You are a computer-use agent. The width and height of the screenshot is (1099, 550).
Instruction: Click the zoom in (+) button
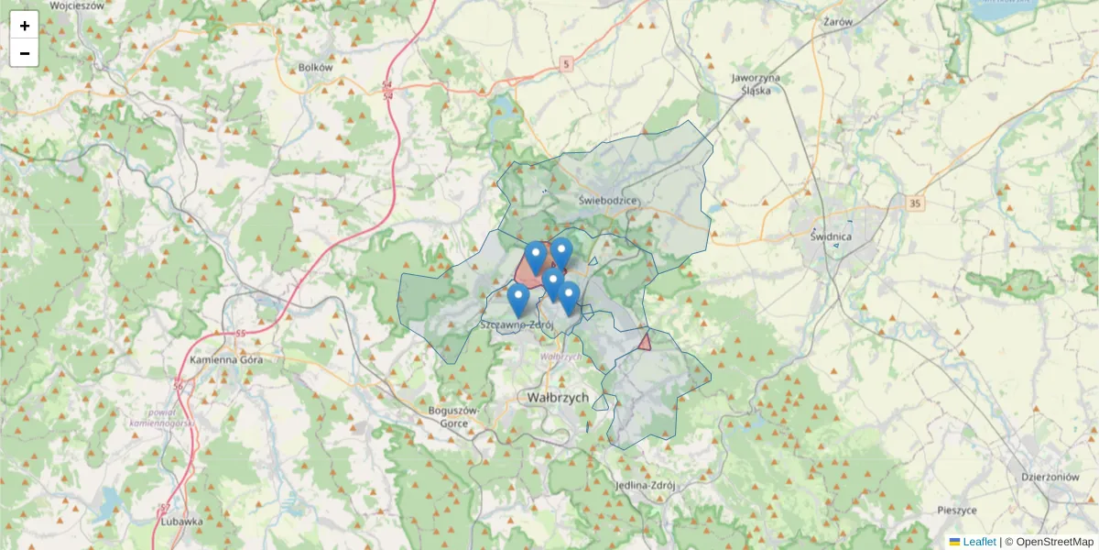25,26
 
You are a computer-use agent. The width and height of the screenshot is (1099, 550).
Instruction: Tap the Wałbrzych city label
557,398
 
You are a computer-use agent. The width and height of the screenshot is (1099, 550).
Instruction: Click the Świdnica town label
832,236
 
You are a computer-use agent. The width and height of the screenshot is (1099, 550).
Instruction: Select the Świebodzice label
608,200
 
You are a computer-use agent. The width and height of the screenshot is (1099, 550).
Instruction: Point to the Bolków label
315,67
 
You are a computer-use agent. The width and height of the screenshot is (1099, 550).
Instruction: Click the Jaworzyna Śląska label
756,83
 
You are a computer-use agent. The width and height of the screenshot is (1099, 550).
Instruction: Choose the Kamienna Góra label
226,359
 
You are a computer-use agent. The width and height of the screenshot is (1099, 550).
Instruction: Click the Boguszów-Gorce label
454,416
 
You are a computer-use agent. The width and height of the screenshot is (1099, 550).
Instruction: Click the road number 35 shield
914,203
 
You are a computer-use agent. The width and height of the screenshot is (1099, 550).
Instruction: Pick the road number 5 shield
567,63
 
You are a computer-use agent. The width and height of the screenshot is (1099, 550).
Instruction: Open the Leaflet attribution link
978,542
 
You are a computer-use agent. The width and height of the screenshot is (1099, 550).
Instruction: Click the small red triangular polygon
645,342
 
